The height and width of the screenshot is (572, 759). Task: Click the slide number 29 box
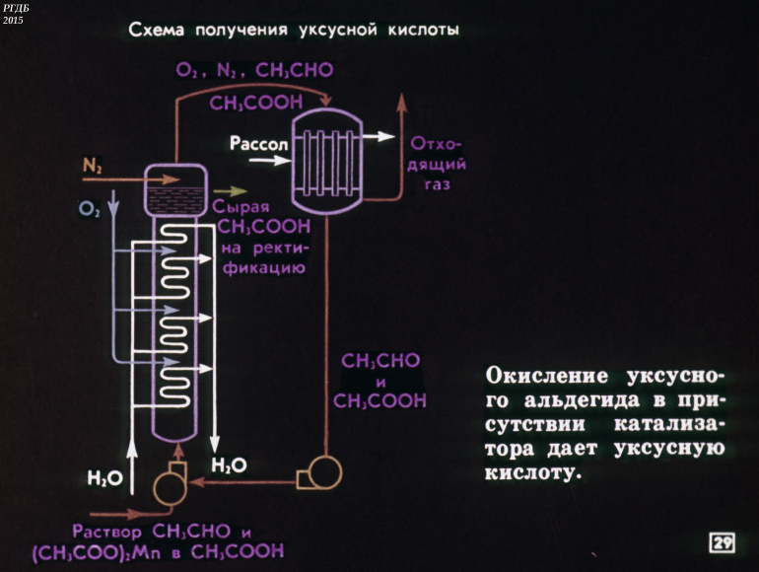[723, 542]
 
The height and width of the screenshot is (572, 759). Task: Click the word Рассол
[258, 144]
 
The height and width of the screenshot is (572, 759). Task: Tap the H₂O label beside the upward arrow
[103, 480]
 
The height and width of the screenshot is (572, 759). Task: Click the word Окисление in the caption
[545, 378]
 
